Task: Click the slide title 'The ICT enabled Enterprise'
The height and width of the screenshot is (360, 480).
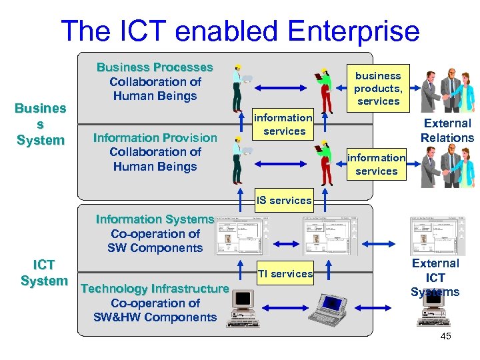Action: (240, 31)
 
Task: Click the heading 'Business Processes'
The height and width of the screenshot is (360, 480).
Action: (155, 67)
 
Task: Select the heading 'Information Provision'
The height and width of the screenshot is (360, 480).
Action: (155, 137)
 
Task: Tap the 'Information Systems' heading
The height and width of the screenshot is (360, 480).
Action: (155, 219)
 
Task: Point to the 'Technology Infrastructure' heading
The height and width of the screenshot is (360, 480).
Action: (155, 289)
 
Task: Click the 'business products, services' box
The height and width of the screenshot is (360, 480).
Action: (378, 88)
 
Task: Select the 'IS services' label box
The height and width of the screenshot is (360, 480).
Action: (284, 200)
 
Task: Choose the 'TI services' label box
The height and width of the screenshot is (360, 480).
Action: (285, 273)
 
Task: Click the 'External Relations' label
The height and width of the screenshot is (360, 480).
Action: (447, 130)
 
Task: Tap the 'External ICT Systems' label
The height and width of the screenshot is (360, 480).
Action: (435, 277)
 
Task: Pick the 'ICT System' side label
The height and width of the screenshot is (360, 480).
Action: (43, 273)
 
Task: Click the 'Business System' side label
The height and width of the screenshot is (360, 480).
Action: (41, 124)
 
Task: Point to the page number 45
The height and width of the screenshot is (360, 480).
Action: (445, 336)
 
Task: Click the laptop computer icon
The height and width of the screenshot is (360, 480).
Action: (333, 311)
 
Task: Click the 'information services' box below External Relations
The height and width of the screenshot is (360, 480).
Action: (377, 164)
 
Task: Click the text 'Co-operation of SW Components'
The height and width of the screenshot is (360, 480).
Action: (155, 241)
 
